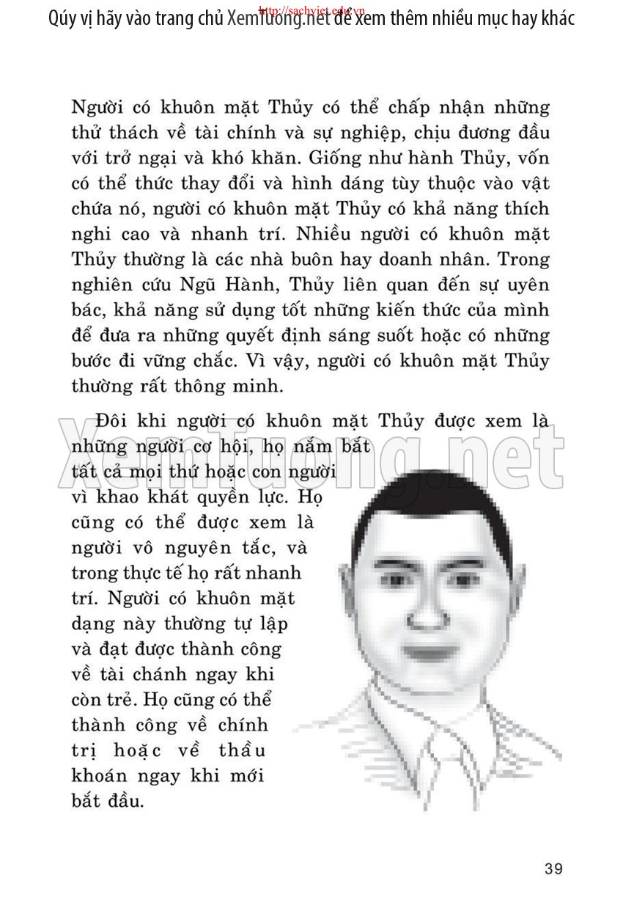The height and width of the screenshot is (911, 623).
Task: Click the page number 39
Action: tap(554, 868)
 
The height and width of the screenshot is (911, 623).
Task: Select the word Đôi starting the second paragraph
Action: tap(112, 421)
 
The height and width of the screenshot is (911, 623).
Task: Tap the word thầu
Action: tap(241, 750)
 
